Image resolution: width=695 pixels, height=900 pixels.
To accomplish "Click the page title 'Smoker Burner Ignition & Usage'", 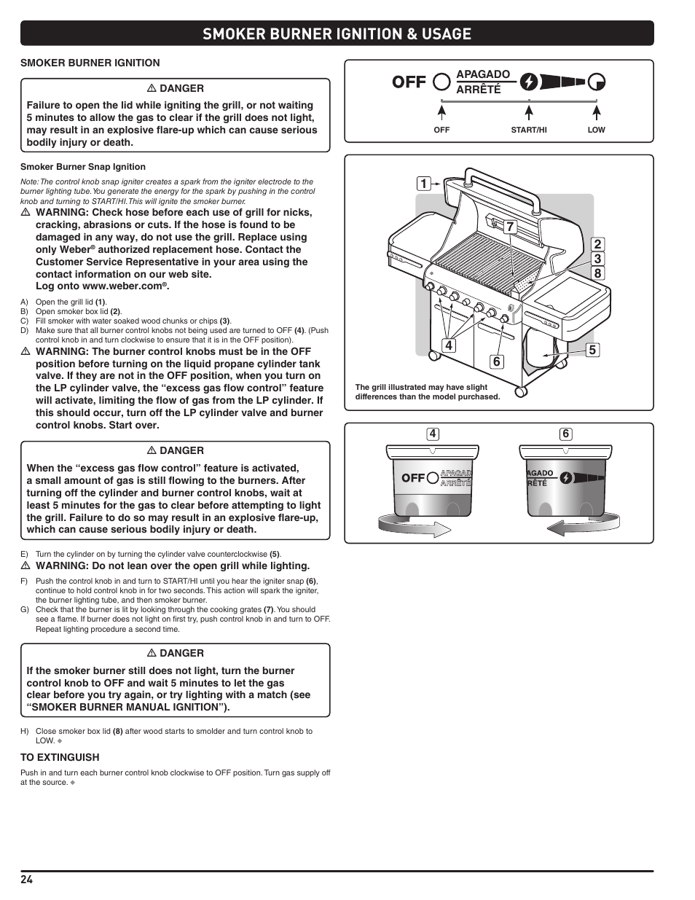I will [337, 34].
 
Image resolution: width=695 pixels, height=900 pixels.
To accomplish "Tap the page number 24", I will [26, 880].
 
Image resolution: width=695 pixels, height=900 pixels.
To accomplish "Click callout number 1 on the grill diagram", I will [423, 184].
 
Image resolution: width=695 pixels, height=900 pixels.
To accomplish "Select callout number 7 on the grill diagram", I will [510, 227].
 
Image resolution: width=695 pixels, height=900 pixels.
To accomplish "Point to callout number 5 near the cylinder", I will [592, 351].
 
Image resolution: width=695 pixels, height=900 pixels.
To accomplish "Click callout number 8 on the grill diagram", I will [597, 274].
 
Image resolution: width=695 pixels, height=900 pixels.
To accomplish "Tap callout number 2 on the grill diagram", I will [597, 245].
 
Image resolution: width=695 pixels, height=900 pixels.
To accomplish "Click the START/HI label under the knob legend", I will [528, 130].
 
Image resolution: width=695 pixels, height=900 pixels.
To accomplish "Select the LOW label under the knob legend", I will [596, 130].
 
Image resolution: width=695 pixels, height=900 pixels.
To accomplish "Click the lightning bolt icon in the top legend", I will [530, 82].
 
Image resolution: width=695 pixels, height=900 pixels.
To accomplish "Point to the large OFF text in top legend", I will [409, 82].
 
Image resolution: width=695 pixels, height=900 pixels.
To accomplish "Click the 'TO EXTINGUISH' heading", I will [60, 757].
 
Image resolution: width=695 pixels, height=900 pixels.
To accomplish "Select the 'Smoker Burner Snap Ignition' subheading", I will [83, 167].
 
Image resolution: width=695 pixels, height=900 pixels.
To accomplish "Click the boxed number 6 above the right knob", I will [565, 434].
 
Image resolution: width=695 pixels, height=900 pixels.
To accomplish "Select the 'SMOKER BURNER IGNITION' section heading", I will [90, 63].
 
